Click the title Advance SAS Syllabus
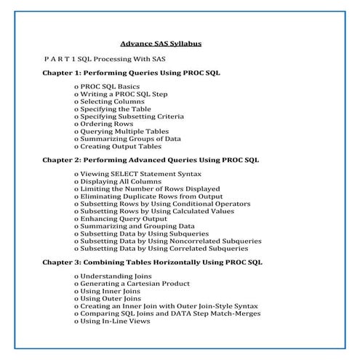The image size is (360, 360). [x=161, y=44]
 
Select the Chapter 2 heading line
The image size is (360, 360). [x=151, y=159]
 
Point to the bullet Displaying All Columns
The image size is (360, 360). [x=122, y=182]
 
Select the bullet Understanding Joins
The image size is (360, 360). [x=116, y=276]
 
